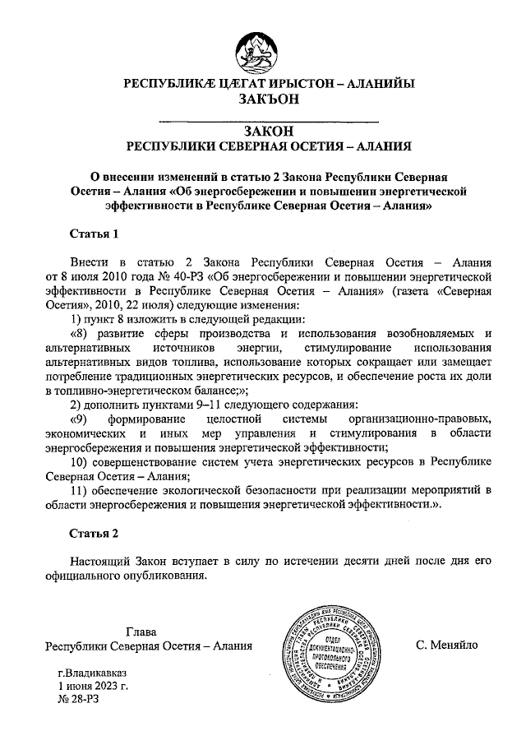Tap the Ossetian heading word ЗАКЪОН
tap(262, 99)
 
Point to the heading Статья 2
tap(94, 532)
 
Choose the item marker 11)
tap(79, 491)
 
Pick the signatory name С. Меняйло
tap(447, 646)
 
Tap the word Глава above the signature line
tap(142, 632)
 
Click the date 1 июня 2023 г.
tap(93, 684)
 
